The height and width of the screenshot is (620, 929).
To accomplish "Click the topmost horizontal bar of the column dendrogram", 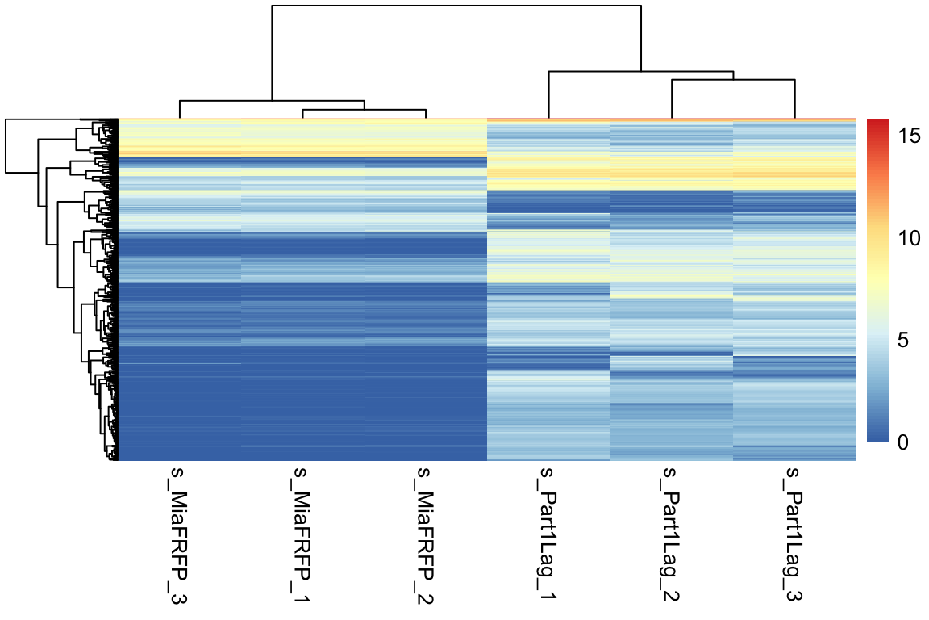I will (456, 6).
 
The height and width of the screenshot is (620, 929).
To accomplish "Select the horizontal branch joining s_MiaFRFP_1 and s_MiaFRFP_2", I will (364, 110).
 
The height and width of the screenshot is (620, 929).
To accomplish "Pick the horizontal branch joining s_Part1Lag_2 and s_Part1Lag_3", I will (733, 80).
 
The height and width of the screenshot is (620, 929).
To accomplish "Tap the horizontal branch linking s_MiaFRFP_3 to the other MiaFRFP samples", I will (272, 101).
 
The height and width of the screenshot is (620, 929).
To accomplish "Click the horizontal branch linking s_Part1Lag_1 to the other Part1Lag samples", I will (641, 72).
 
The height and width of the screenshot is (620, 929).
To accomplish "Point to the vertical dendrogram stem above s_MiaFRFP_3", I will (180, 110).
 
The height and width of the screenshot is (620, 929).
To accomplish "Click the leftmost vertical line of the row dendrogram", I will (6, 146).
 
